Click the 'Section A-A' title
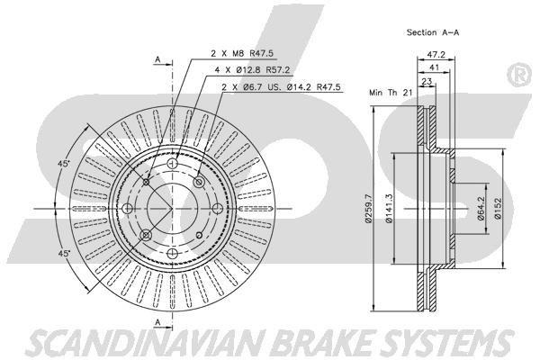click(x=433, y=32)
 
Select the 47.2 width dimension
click(x=436, y=54)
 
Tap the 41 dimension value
click(x=435, y=67)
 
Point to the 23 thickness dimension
click(x=427, y=82)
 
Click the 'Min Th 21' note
click(x=391, y=93)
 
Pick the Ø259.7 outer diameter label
click(x=368, y=209)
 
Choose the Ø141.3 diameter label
click(x=389, y=209)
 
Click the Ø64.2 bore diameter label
click(x=481, y=209)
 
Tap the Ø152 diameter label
click(x=498, y=209)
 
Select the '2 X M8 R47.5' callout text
click(x=242, y=53)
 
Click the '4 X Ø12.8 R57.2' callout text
click(x=252, y=70)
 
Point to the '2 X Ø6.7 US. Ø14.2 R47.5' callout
click(x=281, y=86)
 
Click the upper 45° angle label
click(x=64, y=164)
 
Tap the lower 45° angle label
click(x=64, y=254)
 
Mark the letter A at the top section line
click(x=157, y=59)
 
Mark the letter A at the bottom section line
click(x=157, y=322)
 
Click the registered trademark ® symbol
click(x=519, y=75)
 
